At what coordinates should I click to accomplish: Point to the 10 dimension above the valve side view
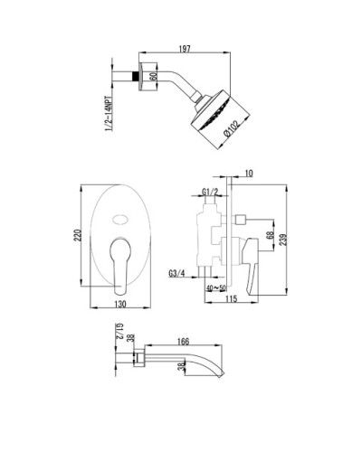pos(249,173)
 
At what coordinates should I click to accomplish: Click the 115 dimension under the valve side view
pos(232,299)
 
